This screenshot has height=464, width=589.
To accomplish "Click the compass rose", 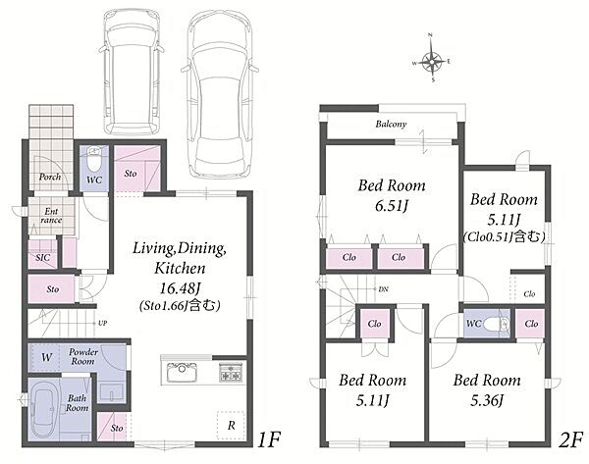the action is click(432, 59).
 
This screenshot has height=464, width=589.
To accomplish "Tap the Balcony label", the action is click(391, 124).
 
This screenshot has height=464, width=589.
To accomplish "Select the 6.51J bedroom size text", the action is click(392, 206).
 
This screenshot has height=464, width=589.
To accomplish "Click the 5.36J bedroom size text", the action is click(487, 400).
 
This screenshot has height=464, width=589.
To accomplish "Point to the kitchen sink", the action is click(182, 372).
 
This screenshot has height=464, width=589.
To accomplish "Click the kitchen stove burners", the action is click(231, 372).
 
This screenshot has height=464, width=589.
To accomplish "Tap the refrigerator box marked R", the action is click(231, 426).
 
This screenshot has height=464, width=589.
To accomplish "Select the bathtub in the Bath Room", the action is click(45, 411).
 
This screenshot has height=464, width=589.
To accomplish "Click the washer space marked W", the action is click(46, 357).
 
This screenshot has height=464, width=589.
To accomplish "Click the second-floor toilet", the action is click(496, 323).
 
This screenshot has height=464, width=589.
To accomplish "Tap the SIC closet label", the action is click(43, 258).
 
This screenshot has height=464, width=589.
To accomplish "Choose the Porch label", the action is click(50, 177).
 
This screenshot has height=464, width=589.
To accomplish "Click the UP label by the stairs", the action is click(102, 323).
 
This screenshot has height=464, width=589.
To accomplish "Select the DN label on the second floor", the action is click(383, 289).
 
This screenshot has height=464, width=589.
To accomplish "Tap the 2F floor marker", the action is click(570, 439).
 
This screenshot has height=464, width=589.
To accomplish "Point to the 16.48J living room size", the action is click(180, 288).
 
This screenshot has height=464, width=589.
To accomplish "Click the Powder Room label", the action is click(83, 357).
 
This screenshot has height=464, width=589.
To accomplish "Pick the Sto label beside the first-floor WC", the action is click(131, 173).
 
